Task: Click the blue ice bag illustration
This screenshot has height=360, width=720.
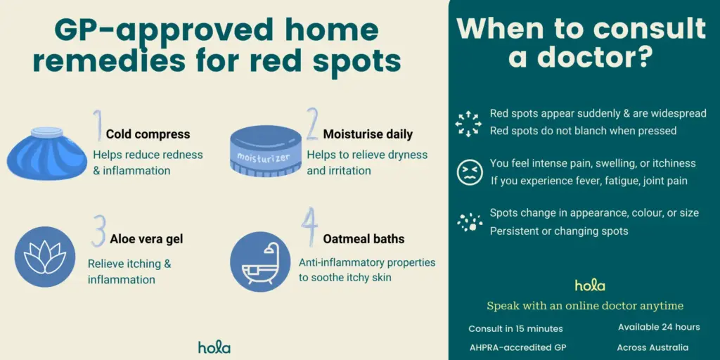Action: pyautogui.click(x=46, y=153)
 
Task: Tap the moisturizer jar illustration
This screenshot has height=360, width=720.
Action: pyautogui.click(x=266, y=151)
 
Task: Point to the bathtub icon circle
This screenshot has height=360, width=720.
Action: pyautogui.click(x=260, y=262)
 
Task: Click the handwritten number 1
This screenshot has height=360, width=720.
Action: pyautogui.click(x=97, y=125)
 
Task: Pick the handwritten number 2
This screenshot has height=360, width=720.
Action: pyautogui.click(x=312, y=124)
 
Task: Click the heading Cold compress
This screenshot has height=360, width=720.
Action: pyautogui.click(x=148, y=134)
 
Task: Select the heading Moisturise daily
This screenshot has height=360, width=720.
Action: pyautogui.click(x=368, y=134)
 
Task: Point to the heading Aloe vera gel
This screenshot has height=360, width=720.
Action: pyautogui.click(x=146, y=239)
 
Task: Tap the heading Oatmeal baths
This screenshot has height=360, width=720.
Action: pyautogui.click(x=364, y=239)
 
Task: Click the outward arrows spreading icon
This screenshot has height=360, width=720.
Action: pyautogui.click(x=468, y=124)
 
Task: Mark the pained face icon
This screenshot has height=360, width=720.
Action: pyautogui.click(x=470, y=172)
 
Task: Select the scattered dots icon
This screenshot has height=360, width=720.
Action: pyautogui.click(x=470, y=222)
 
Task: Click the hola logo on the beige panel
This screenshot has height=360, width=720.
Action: pyautogui.click(x=214, y=347)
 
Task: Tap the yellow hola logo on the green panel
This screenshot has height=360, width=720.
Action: pyautogui.click(x=590, y=285)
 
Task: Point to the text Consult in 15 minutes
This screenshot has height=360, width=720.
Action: pyautogui.click(x=515, y=328)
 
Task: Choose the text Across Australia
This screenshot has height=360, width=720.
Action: pyautogui.click(x=652, y=347)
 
